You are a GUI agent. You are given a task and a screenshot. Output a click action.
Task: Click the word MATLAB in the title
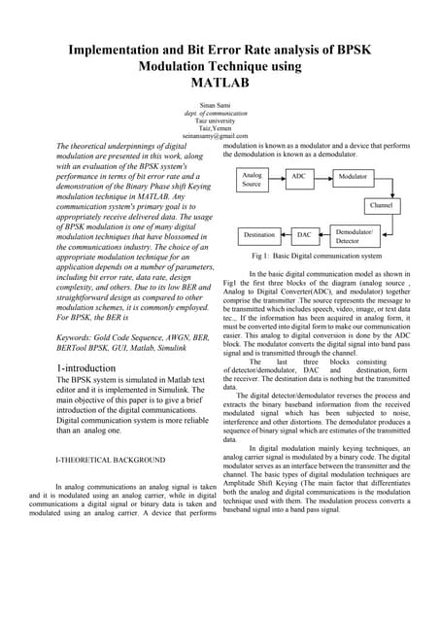220,83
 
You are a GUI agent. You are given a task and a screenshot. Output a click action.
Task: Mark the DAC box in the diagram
303,235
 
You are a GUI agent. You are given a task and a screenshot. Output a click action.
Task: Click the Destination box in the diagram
258,235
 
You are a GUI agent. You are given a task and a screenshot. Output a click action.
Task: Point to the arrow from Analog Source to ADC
278,176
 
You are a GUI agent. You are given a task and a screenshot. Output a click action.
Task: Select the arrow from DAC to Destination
286,235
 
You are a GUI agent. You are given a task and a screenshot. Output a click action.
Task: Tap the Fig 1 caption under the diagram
315,256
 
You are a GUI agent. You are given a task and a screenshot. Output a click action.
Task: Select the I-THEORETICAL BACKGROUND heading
110,459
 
